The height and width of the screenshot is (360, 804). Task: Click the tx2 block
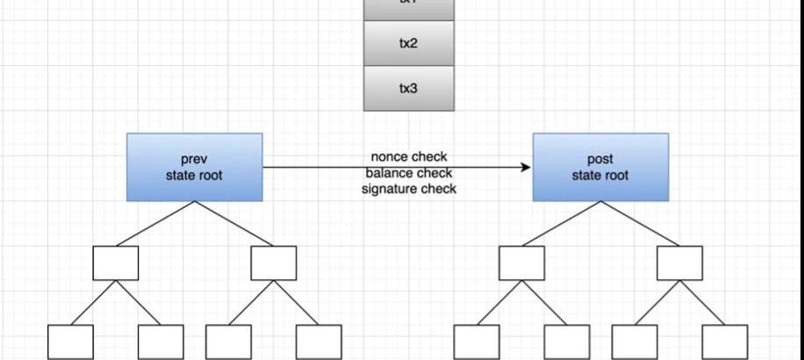(x=409, y=43)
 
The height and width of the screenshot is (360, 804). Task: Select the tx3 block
(x=409, y=89)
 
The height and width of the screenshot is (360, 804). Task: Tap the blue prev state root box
(x=194, y=167)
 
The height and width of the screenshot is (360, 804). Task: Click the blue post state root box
(x=600, y=167)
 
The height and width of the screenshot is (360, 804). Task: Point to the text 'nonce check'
(x=409, y=157)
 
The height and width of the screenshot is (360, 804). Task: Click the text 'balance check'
(x=409, y=173)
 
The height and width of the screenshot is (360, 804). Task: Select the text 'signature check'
(x=409, y=189)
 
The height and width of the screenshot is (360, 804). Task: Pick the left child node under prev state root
(x=115, y=263)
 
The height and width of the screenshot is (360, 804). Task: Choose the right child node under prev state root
(x=273, y=263)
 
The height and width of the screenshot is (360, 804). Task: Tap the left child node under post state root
(x=521, y=263)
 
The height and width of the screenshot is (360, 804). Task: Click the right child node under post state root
(x=679, y=263)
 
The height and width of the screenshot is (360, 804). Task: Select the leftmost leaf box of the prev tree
(x=70, y=342)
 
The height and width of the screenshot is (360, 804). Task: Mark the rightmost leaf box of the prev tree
(x=319, y=342)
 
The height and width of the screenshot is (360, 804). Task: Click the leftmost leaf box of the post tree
(x=477, y=342)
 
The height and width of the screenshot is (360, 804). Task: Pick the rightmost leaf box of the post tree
(x=725, y=342)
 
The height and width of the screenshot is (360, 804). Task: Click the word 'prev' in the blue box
(x=194, y=160)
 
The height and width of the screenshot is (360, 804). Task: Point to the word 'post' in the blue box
(x=600, y=160)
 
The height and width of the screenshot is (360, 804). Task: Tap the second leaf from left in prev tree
(x=161, y=342)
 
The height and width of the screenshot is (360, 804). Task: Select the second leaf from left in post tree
(x=567, y=342)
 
